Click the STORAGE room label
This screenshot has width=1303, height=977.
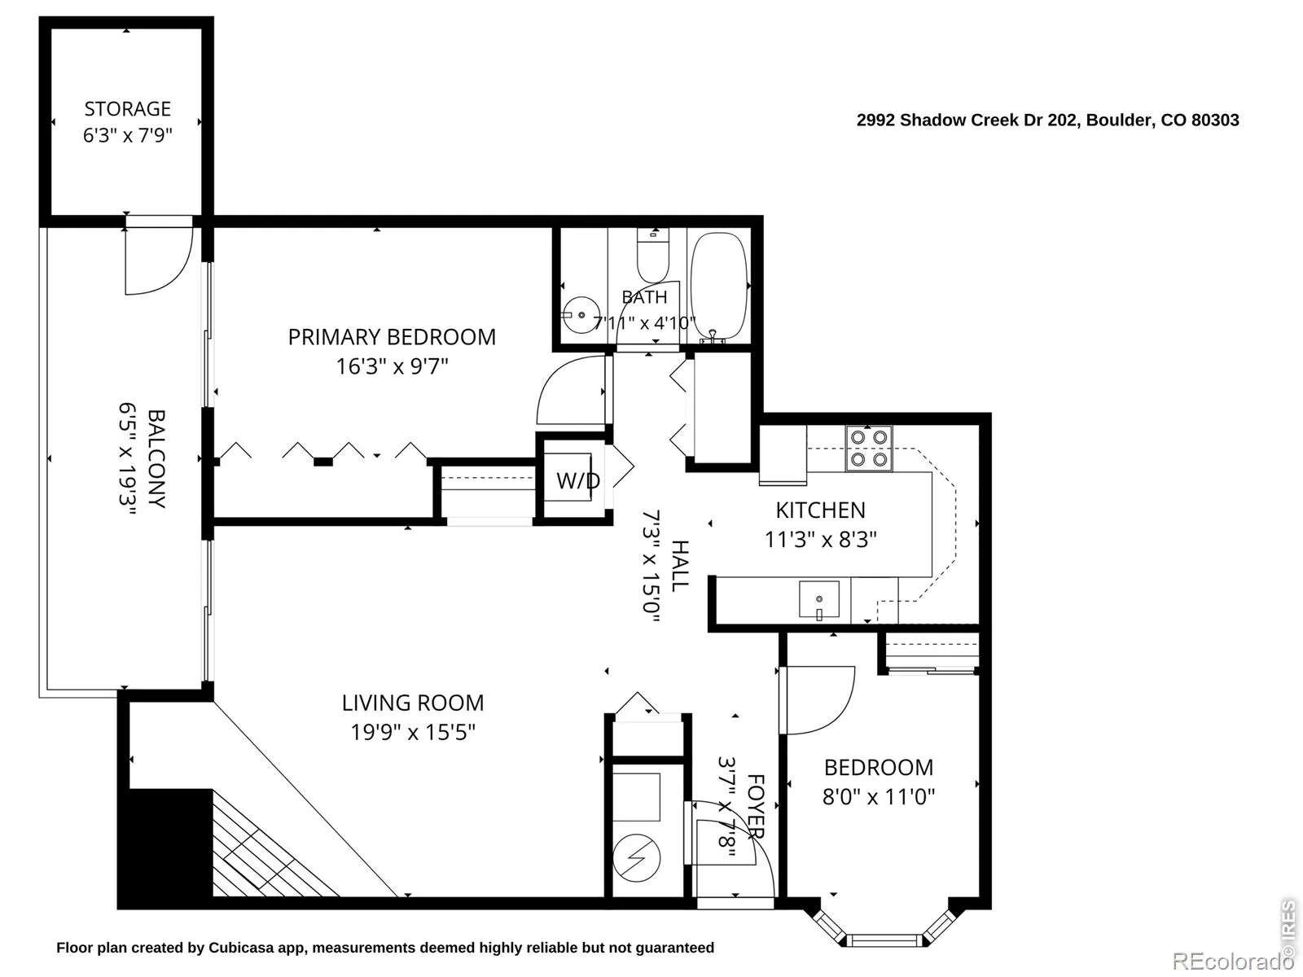coord(127,109)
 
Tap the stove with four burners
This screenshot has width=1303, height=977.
coord(868,449)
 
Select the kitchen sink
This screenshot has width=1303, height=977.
coord(818,600)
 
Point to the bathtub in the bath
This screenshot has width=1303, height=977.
coord(719,287)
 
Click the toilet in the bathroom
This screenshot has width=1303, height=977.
coord(652,256)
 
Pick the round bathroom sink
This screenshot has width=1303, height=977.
coord(581,315)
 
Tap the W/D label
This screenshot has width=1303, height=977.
coord(578,480)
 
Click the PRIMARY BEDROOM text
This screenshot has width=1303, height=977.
coord(392,337)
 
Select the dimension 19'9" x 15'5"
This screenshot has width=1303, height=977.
coord(413,732)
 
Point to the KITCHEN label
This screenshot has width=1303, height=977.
coord(820,510)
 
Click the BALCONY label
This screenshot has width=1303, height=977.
coord(156,458)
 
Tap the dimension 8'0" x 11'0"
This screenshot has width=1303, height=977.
coord(879,796)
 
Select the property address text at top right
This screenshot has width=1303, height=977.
coord(1048,120)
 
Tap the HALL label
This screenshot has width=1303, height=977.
coord(680,565)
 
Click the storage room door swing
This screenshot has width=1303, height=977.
coord(158,261)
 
